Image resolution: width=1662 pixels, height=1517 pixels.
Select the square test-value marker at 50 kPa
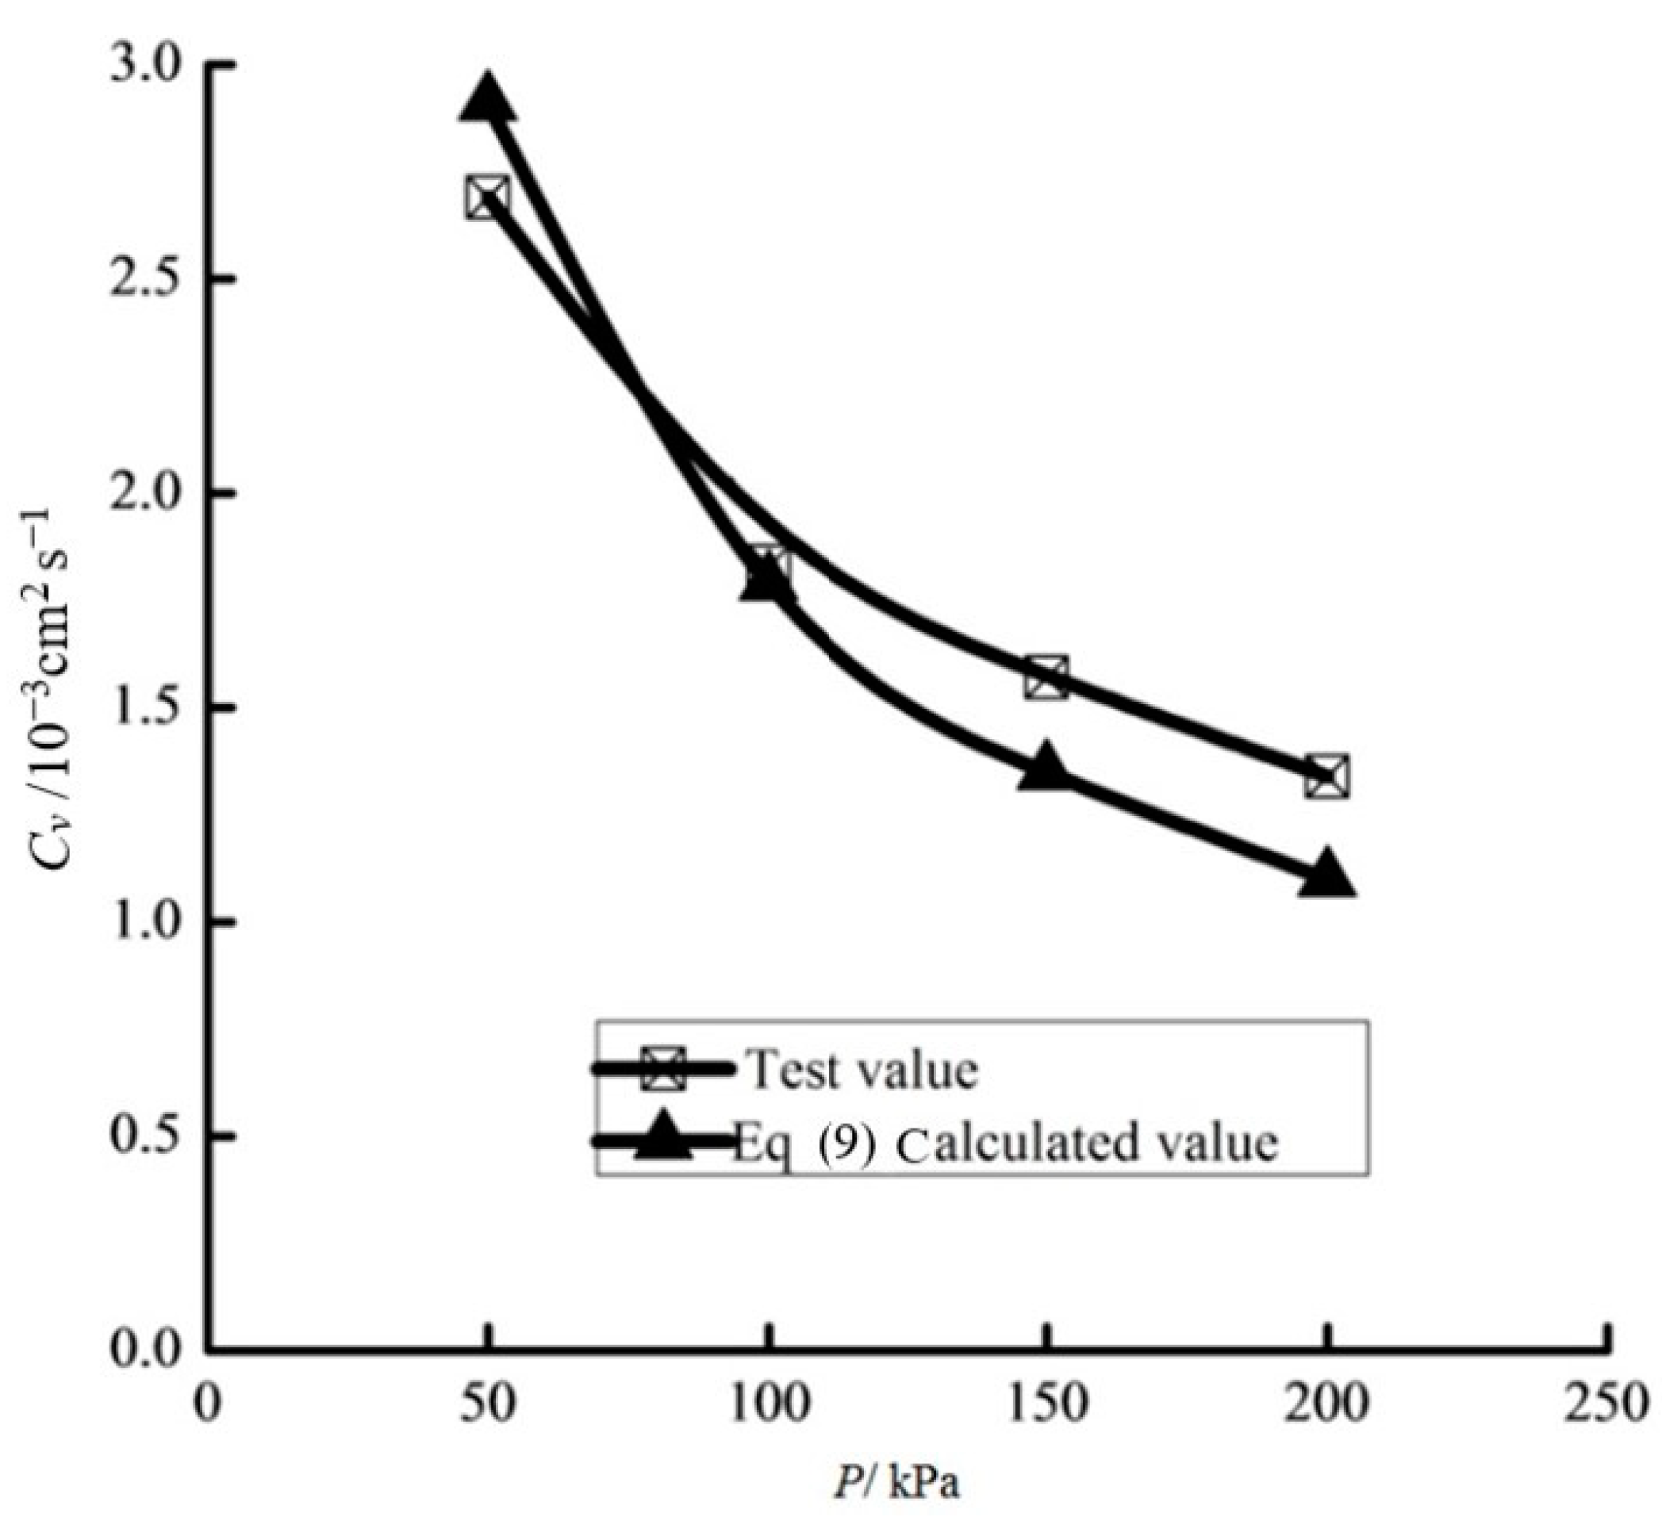(x=487, y=197)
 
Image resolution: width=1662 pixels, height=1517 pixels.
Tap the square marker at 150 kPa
(x=1047, y=677)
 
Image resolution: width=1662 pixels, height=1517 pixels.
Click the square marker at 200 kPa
(x=1326, y=776)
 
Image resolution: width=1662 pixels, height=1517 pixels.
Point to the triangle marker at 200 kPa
(x=1326, y=877)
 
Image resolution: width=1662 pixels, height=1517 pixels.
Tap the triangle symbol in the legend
(x=664, y=1138)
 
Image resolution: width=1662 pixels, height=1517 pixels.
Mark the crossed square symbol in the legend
(x=664, y=1069)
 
